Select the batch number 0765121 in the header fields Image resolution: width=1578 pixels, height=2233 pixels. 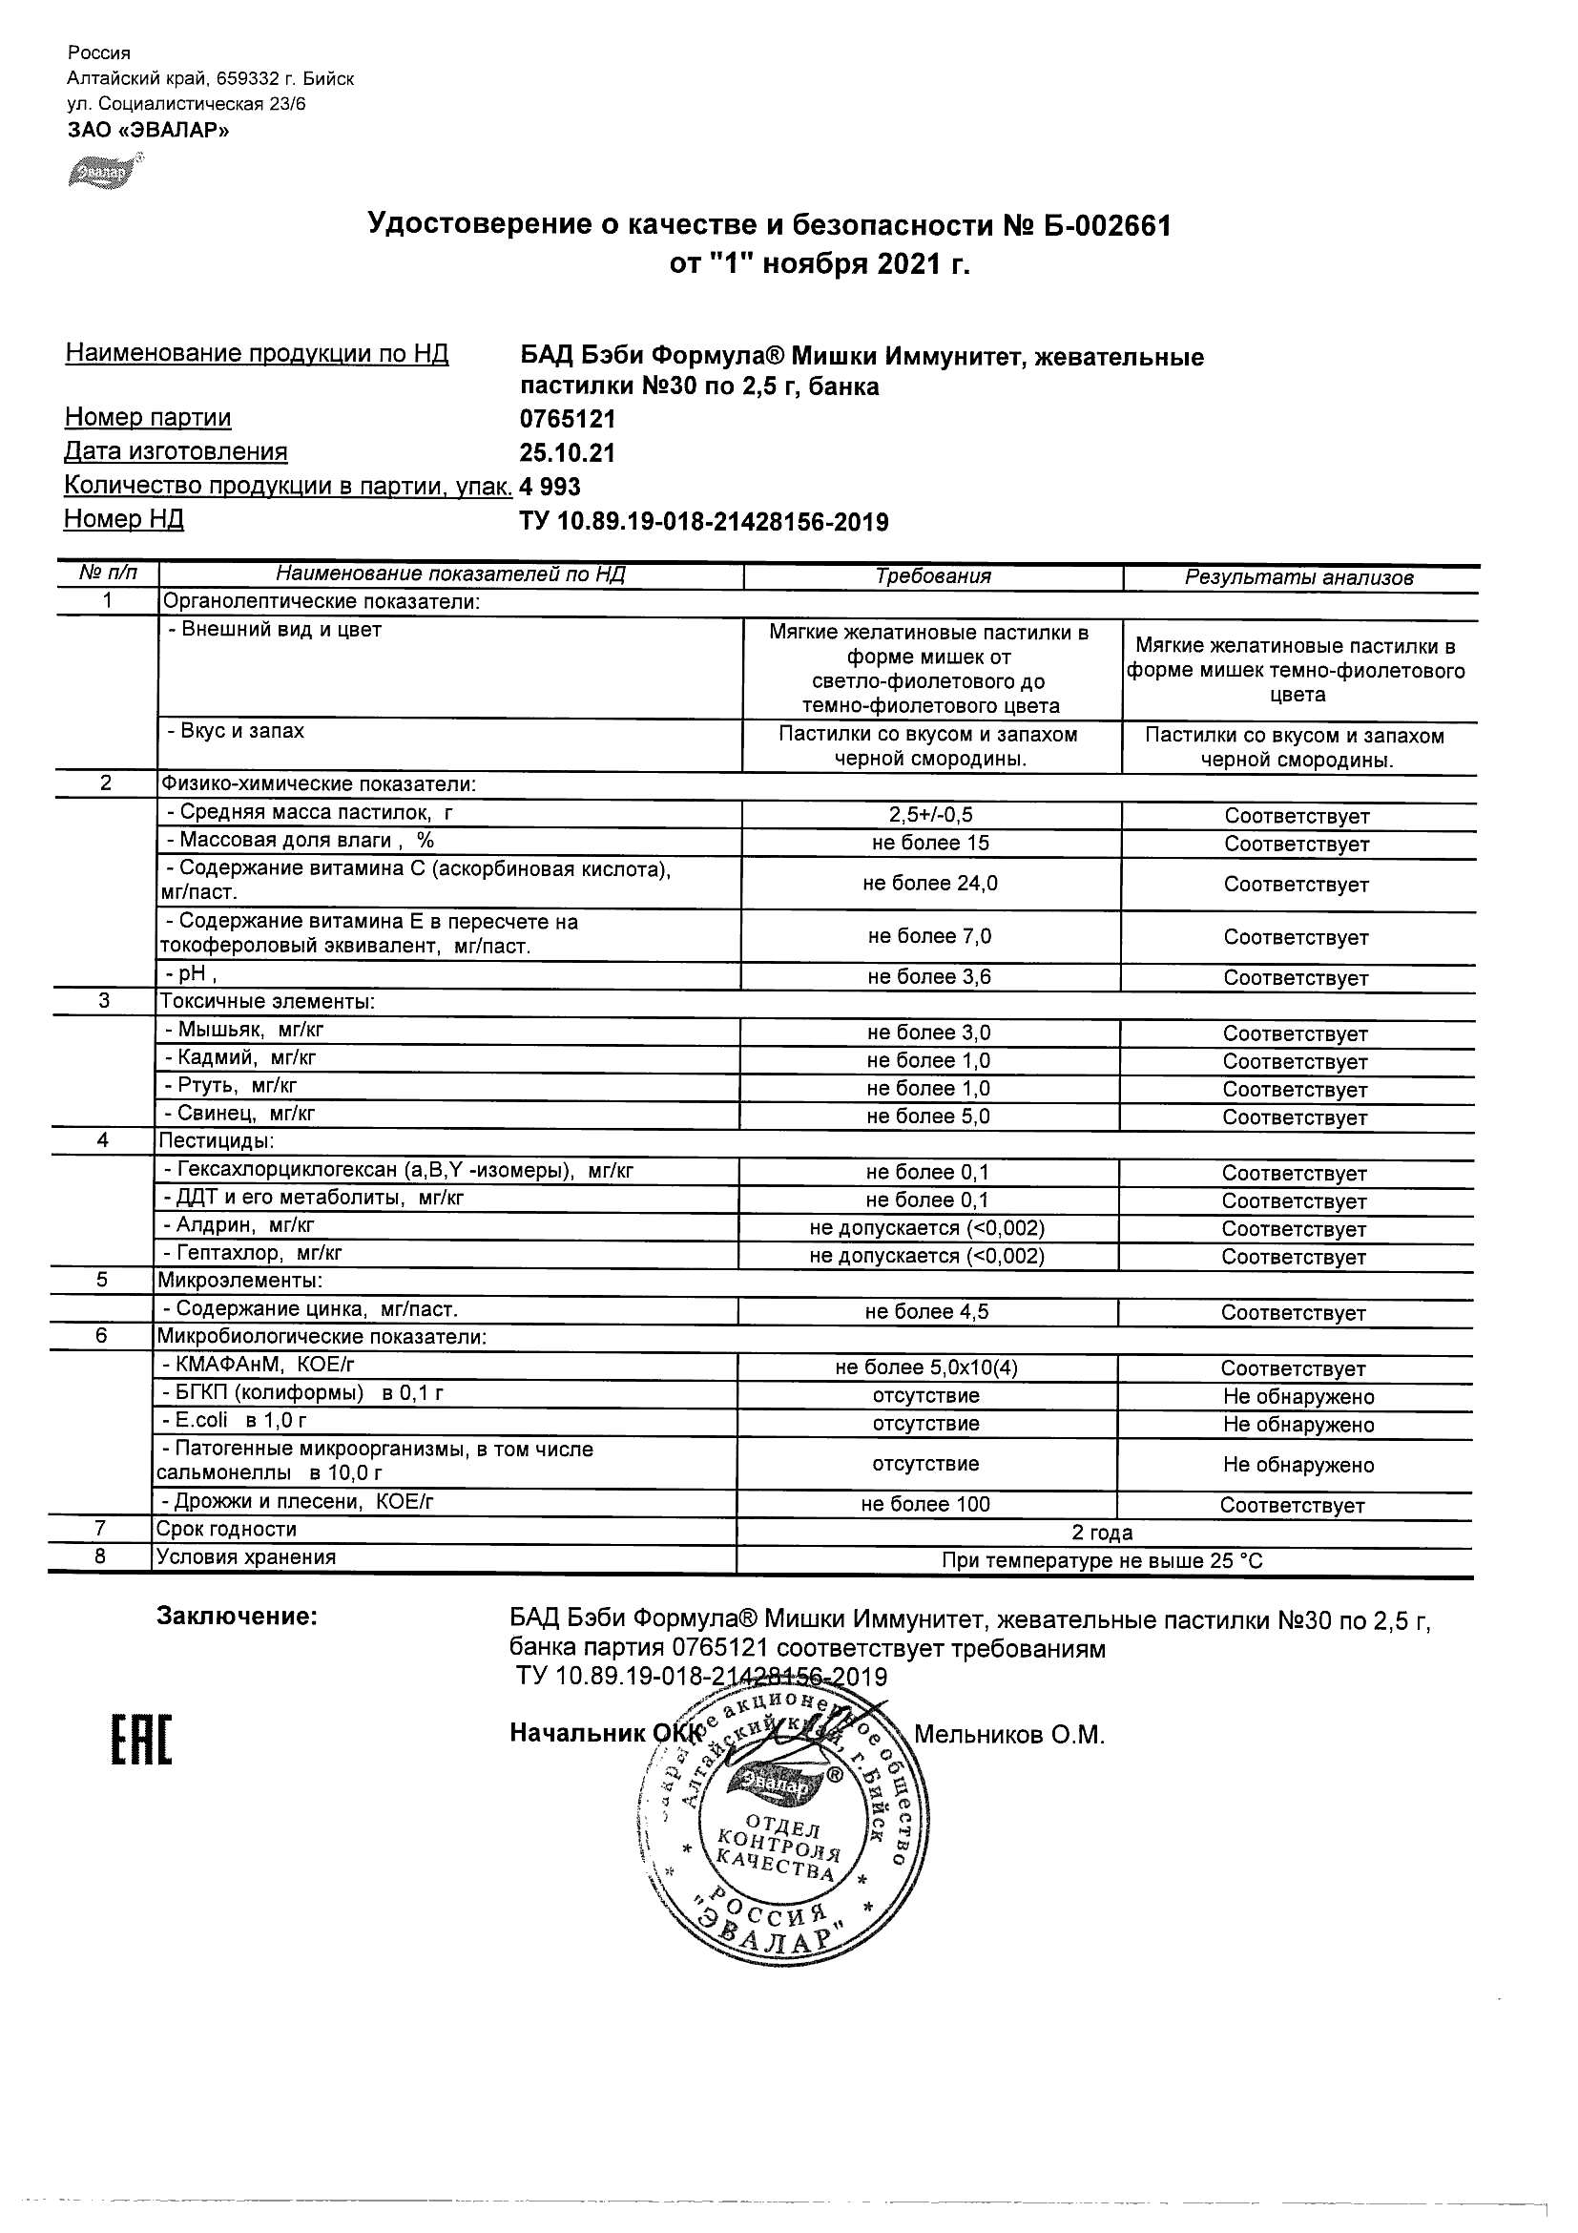point(568,420)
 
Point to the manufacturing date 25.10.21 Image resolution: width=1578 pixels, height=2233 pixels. point(568,453)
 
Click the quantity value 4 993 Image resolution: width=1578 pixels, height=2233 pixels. point(550,487)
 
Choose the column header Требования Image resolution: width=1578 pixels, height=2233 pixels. point(932,576)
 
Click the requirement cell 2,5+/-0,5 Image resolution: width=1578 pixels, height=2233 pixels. point(930,816)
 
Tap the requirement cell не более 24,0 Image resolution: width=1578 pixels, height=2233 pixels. point(929,883)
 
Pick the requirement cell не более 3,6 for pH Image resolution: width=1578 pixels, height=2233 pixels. point(929,977)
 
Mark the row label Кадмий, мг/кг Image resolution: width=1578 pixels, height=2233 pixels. point(239,1057)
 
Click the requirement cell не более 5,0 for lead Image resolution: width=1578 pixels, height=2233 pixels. point(928,1116)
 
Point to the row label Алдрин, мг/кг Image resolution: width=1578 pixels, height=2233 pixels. point(239,1225)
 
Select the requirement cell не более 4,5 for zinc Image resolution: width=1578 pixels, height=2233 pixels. point(926,1312)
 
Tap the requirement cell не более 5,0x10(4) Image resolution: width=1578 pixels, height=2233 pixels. point(926,1367)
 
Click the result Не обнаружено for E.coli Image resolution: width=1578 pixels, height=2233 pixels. point(1298,1425)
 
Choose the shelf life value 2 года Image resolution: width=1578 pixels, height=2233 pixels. point(1102,1534)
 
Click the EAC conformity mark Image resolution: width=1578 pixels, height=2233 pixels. point(140,1740)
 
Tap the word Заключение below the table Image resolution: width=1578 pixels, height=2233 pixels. point(237,1617)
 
